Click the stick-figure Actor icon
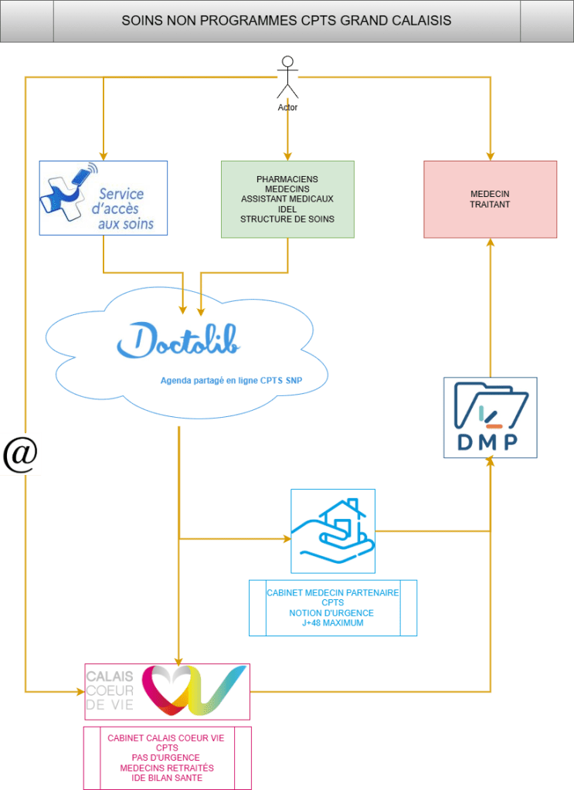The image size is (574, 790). pos(288,78)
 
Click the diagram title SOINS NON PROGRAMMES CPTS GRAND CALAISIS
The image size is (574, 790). pos(287,21)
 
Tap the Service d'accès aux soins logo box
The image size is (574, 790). pos(104,198)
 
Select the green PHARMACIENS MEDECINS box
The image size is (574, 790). pos(287,199)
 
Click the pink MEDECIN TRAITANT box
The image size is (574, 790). pos(490,199)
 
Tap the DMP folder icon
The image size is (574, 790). pos(491,417)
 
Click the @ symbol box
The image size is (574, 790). pos(20,454)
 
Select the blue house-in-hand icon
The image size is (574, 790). pos(333,531)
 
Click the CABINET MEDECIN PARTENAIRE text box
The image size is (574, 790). pos(333,608)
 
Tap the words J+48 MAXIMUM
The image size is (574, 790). pos(333,623)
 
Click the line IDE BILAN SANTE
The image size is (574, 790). pos(166,778)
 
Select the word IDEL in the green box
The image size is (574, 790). pos(287,209)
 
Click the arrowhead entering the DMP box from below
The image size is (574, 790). pos(490,462)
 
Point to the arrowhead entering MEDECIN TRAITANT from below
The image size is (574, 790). pos(490,242)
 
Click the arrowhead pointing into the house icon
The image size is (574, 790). pos(287,537)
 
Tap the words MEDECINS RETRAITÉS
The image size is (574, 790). pos(167,768)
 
